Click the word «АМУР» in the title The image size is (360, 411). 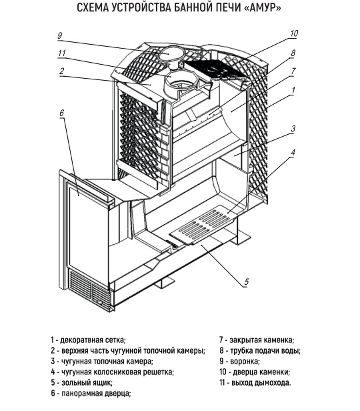click(x=262, y=8)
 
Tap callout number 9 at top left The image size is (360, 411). click(x=60, y=35)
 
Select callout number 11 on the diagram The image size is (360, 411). click(x=62, y=53)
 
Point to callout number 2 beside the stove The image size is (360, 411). click(x=61, y=71)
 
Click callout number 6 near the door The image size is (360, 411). click(x=61, y=113)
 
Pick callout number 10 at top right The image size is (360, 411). click(x=294, y=33)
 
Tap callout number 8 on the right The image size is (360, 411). click(x=293, y=53)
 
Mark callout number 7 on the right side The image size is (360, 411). click(x=293, y=71)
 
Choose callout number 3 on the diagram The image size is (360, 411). click(x=293, y=128)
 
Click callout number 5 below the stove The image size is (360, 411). click(x=247, y=282)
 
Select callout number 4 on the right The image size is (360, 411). click(x=293, y=153)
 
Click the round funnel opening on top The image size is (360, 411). click(x=168, y=53)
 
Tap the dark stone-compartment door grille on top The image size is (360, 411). click(x=215, y=69)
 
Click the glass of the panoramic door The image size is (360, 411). click(x=89, y=226)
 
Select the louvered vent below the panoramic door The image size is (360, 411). click(x=89, y=288)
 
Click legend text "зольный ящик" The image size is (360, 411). click(x=87, y=382)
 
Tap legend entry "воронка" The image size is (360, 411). click(x=245, y=361)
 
